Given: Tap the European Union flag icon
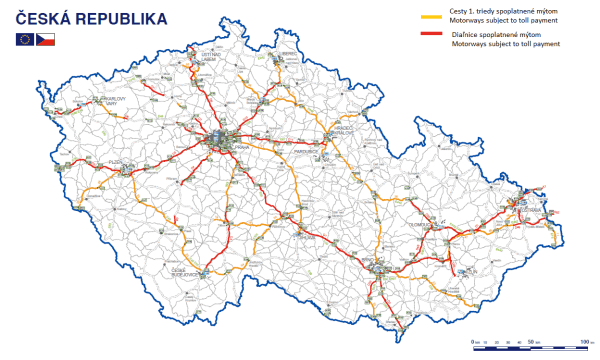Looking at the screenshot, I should tap(25, 39).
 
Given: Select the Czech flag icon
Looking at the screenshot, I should tap(46, 39).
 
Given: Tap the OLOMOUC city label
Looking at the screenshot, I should tap(418, 225).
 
